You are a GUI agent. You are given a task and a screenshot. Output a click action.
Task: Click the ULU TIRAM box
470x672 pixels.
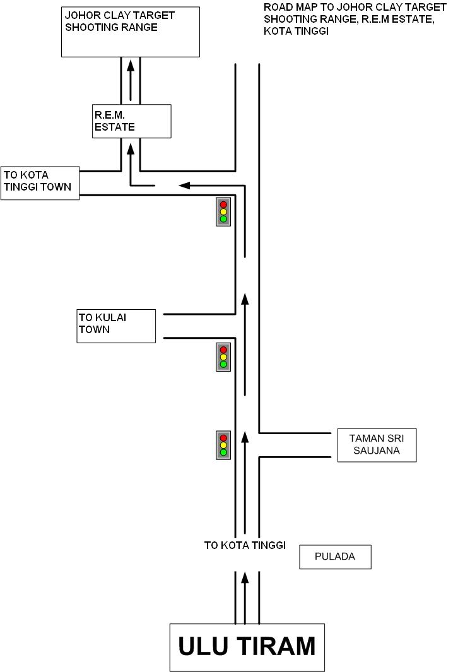[247, 647]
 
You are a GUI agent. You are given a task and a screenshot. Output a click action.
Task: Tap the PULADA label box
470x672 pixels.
[335, 557]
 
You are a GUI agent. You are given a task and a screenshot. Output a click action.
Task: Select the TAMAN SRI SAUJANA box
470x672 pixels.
[377, 445]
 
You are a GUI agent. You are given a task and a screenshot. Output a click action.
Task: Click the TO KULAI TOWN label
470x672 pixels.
[116, 326]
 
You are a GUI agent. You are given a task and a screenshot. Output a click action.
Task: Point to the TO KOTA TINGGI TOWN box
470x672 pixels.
[40, 183]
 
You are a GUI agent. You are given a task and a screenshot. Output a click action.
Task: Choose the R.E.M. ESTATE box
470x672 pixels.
[131, 121]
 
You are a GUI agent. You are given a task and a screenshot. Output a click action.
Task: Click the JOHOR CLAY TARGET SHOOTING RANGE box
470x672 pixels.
[131, 32]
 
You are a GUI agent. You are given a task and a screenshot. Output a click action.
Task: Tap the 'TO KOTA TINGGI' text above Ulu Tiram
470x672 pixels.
[245, 545]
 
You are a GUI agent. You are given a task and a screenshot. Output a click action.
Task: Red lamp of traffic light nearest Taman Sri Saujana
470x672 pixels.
[223, 438]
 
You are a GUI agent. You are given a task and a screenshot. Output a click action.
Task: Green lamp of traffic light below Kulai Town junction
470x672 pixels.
[223, 364]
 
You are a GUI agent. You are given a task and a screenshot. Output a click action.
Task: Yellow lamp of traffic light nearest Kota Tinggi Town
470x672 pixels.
[223, 211]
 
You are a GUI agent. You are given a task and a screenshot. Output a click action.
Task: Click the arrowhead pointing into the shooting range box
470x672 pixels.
[131, 64]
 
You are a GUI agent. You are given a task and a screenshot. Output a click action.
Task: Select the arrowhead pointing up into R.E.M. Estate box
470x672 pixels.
[131, 148]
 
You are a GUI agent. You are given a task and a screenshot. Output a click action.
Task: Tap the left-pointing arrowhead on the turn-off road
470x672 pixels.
[184, 186]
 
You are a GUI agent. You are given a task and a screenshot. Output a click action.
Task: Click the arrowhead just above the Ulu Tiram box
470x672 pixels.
[245, 577]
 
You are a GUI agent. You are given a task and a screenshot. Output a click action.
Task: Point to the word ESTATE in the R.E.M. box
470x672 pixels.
[115, 127]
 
